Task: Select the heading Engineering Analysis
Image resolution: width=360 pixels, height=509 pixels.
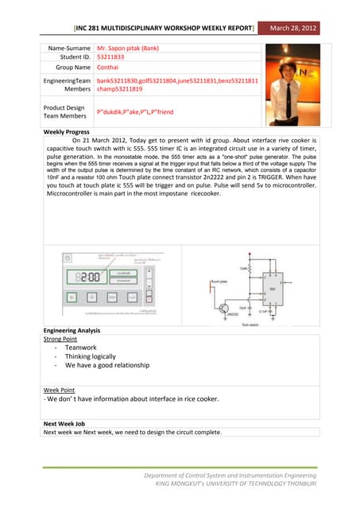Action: click(72, 329)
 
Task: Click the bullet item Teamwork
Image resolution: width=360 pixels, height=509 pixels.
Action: click(80, 348)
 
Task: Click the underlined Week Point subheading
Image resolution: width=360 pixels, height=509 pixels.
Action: click(60, 390)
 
